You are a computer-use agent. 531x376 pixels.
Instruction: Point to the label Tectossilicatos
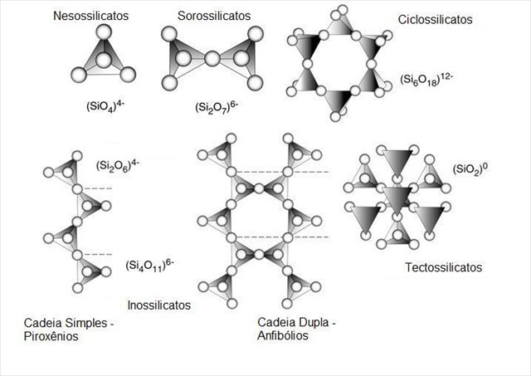(x=444, y=267)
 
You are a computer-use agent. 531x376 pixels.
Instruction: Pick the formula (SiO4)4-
(x=104, y=107)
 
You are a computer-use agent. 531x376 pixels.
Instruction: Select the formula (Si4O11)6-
(x=149, y=266)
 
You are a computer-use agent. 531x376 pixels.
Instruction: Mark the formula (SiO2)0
(x=474, y=169)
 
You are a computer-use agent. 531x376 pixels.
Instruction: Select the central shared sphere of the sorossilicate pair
(x=212, y=59)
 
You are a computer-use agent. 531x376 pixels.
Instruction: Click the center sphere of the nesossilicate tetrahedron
(x=103, y=61)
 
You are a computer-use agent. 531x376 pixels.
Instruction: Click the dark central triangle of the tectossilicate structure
(x=397, y=198)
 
